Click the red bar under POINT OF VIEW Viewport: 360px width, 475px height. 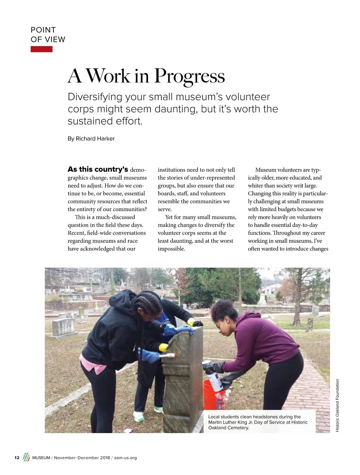point(41,49)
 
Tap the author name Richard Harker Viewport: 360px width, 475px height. point(95,139)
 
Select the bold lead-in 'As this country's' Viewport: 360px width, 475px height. point(98,169)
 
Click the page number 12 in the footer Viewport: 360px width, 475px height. point(17,458)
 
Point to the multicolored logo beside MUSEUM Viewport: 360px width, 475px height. point(26,457)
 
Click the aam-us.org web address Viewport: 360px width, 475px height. point(126,458)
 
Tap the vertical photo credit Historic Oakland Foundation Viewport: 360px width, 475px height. point(337,405)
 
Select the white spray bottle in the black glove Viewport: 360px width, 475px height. point(213,376)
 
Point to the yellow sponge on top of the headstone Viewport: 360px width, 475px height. point(191,322)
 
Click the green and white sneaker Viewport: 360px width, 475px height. point(139,416)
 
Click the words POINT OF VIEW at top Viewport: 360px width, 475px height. point(48,34)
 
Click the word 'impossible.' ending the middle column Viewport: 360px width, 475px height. point(171,249)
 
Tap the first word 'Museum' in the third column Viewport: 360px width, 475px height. point(265,170)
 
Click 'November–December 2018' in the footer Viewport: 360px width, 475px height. point(82,458)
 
